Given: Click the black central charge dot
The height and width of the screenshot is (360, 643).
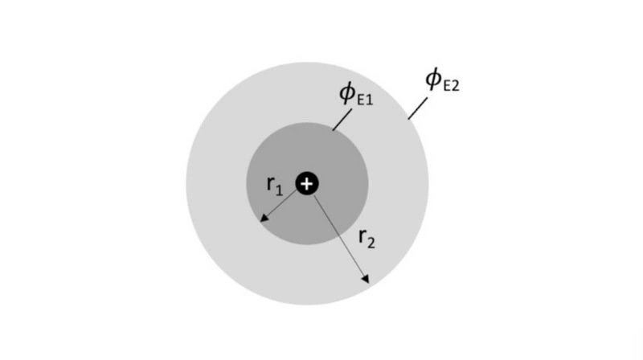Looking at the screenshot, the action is click(x=307, y=183).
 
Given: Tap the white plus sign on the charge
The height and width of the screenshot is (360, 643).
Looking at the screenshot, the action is click(x=307, y=184).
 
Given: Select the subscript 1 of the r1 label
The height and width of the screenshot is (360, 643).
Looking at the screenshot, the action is click(x=278, y=190).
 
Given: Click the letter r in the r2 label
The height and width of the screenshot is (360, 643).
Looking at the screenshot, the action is click(x=362, y=236).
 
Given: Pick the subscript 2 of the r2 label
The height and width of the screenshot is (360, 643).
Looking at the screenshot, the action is click(x=371, y=243).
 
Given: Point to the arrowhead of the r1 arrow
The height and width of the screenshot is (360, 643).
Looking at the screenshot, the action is click(x=264, y=218).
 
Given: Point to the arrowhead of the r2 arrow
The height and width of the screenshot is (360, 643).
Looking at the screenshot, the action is click(x=366, y=279).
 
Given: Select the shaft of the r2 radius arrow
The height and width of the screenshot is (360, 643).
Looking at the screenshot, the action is click(x=339, y=237).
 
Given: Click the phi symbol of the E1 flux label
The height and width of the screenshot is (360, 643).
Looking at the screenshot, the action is click(x=347, y=93).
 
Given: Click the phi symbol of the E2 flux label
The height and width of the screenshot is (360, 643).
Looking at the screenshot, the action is click(x=433, y=79).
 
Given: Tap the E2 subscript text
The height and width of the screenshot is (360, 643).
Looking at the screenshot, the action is click(x=451, y=85).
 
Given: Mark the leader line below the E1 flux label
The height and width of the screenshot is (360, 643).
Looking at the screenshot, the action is click(x=342, y=120).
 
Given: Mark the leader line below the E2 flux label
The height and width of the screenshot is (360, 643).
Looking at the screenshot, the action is click(x=417, y=108).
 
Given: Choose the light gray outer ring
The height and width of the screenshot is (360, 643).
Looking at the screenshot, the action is click(x=217, y=184).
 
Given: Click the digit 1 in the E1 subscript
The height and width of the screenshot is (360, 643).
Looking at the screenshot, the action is click(x=370, y=100).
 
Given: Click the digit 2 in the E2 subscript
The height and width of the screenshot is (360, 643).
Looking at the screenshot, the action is click(x=455, y=85).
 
